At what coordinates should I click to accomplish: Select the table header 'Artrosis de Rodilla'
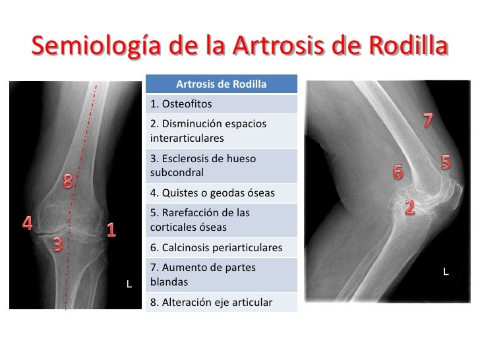coord(221,84)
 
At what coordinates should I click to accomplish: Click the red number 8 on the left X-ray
coord(68,181)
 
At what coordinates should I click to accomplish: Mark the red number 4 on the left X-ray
coord(28,223)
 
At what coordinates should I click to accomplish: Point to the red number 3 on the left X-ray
coord(57,245)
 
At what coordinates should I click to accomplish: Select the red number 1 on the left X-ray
coord(111,230)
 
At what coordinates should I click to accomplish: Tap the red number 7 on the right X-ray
coord(428,121)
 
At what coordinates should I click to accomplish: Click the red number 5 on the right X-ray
coord(446,161)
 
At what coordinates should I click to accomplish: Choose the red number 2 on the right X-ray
coord(409,208)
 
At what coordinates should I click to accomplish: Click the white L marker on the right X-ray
coord(446,271)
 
